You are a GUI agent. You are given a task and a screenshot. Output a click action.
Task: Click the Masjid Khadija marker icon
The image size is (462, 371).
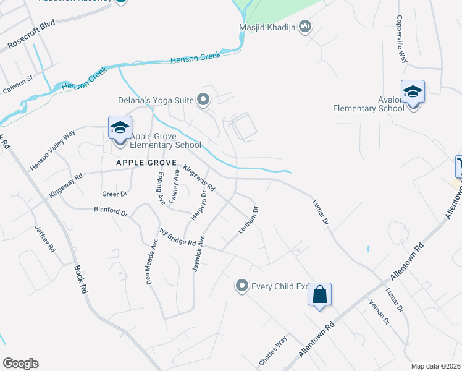[x=304, y=27]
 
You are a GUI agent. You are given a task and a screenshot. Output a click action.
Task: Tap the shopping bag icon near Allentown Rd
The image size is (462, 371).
[x=320, y=295]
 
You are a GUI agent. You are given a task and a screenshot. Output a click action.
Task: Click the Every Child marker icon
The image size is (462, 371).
[x=242, y=286]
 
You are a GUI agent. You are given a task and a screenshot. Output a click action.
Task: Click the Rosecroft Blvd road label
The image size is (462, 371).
[x=31, y=35]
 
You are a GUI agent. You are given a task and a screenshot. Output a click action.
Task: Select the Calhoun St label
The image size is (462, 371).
[x=17, y=85]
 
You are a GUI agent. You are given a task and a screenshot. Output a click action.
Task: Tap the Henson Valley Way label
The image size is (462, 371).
[x=53, y=150]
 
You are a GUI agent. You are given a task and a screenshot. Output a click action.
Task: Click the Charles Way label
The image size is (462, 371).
[x=273, y=351]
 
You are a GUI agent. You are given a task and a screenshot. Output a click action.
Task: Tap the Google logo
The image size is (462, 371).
[x=20, y=363]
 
